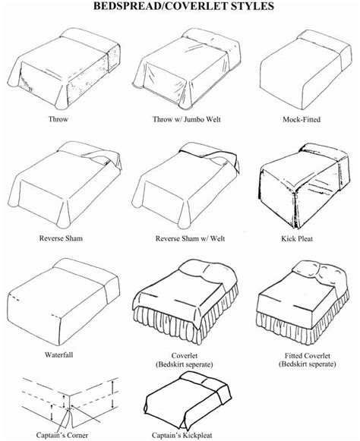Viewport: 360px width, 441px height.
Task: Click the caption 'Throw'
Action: click(58, 119)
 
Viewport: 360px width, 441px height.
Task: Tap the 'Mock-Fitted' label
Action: click(299, 119)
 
